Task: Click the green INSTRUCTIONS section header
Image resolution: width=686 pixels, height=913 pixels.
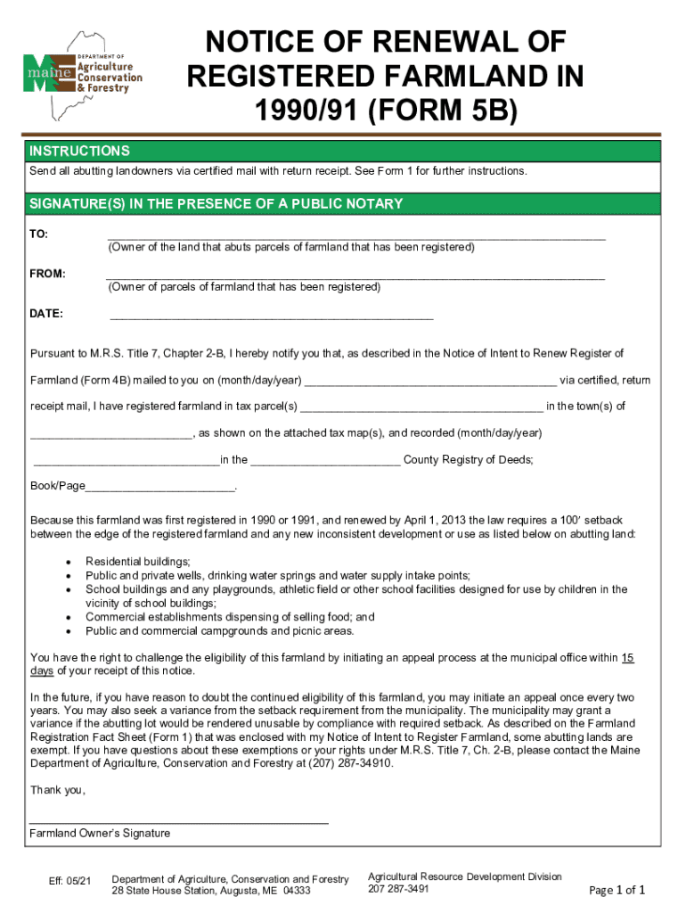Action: click(x=80, y=151)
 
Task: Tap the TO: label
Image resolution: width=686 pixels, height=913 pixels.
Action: click(x=39, y=234)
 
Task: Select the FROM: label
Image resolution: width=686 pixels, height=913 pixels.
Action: click(x=47, y=274)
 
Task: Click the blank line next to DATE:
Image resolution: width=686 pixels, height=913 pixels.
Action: click(x=271, y=317)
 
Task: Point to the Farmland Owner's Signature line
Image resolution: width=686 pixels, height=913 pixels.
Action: click(x=178, y=820)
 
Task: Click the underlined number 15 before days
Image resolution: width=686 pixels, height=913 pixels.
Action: click(x=627, y=658)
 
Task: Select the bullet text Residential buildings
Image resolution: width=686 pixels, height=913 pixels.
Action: click(x=138, y=562)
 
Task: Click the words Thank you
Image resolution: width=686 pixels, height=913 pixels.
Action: click(x=58, y=790)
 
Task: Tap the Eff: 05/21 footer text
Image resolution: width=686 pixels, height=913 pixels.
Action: click(x=70, y=882)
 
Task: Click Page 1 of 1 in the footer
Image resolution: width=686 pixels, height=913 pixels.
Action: click(x=617, y=890)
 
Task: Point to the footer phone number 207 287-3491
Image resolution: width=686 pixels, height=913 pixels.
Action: click(x=398, y=889)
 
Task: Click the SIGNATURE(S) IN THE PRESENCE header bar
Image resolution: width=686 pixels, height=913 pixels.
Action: click(x=216, y=204)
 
